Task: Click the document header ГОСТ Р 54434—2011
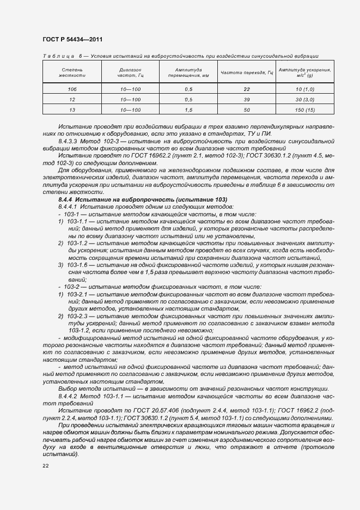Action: (x=72, y=39)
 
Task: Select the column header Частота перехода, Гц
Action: (x=246, y=72)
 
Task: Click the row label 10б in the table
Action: (x=71, y=89)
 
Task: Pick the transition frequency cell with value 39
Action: (x=246, y=100)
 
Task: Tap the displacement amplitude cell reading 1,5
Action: (x=188, y=110)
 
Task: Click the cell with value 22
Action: (x=246, y=89)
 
